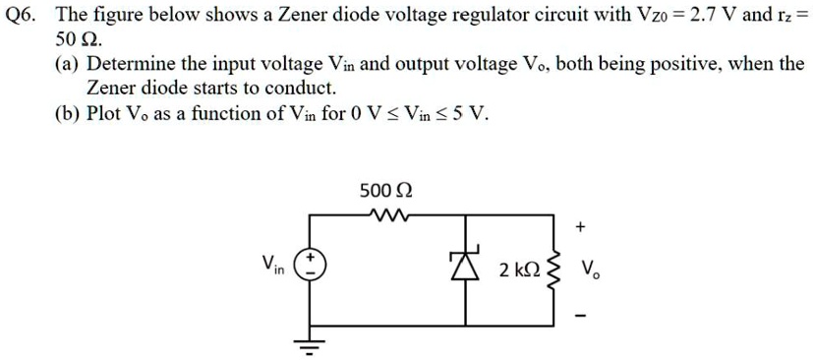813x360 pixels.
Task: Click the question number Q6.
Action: pyautogui.click(x=24, y=16)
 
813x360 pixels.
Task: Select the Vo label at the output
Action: pyautogui.click(x=591, y=269)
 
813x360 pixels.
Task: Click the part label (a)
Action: pyautogui.click(x=68, y=65)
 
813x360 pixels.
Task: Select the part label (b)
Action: pyautogui.click(x=68, y=113)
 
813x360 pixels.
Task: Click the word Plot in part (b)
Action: pyautogui.click(x=105, y=113)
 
